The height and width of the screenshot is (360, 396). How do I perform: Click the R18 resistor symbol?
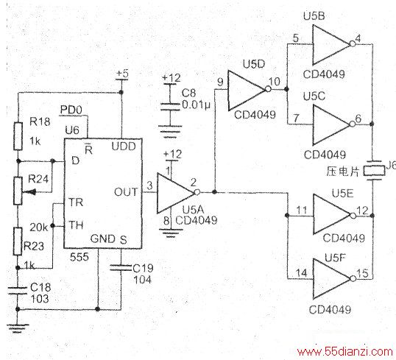pos(18,136)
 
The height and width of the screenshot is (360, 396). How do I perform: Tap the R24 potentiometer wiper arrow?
pos(29,192)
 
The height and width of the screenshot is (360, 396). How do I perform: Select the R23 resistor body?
pos(18,241)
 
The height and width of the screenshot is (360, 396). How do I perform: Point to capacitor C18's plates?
pos(18,291)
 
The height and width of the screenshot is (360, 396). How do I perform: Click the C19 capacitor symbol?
pos(121,268)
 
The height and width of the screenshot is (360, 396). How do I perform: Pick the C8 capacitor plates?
pos(171,107)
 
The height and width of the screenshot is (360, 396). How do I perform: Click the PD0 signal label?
pos(71,110)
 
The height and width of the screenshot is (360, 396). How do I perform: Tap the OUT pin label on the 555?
pos(126,192)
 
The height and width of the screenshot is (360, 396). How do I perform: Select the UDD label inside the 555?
pos(124,147)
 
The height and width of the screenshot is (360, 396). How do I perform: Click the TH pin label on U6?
pos(76,225)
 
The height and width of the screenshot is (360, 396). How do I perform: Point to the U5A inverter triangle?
pos(175,193)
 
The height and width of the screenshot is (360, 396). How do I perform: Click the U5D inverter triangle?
pos(247,91)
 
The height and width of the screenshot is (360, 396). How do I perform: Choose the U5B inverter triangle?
pos(331,45)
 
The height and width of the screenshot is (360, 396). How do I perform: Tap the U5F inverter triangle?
pos(332,279)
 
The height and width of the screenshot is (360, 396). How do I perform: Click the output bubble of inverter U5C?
pos(353,124)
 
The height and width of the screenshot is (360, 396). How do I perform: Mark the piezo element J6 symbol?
pos(374,171)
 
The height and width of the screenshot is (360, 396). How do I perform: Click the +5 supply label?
pos(122,74)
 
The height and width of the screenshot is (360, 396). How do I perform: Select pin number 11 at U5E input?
pos(302,211)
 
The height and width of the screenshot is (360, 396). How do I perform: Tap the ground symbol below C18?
pos(18,328)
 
